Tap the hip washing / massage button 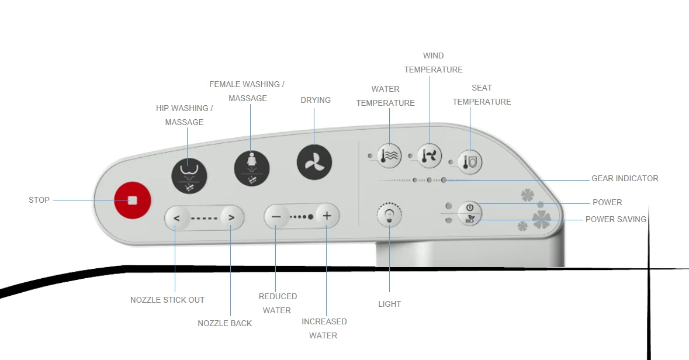point(189,175)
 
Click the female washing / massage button point(252,168)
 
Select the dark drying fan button point(314,162)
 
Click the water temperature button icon point(389,155)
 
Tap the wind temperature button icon point(430,155)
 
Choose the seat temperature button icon point(470,162)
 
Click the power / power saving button point(470,214)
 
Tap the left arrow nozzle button point(176,217)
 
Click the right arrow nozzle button point(231,217)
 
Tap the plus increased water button point(327,216)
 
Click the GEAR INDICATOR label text point(625,178)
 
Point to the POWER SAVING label point(615,219)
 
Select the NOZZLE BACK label point(225,324)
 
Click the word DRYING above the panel point(316,100)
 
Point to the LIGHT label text point(389,304)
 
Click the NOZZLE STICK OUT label point(167,300)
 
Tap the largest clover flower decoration point(541,219)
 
